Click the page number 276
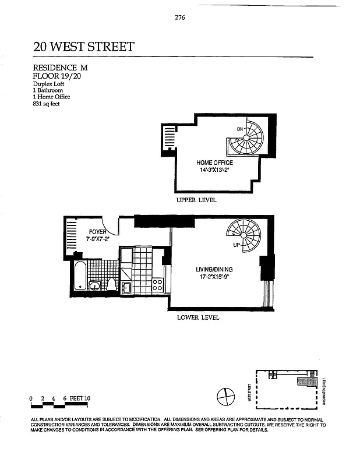click(179, 17)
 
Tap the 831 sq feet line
click(47, 104)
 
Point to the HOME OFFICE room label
click(215, 163)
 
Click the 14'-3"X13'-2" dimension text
click(215, 170)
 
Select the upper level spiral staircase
click(246, 138)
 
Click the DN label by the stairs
click(239, 129)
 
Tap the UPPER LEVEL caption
click(196, 200)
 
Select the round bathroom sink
click(94, 285)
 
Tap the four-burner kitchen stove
click(157, 285)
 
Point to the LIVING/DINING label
click(215, 270)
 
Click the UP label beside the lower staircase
click(237, 245)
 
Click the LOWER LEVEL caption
click(198, 318)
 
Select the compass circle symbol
click(225, 397)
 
